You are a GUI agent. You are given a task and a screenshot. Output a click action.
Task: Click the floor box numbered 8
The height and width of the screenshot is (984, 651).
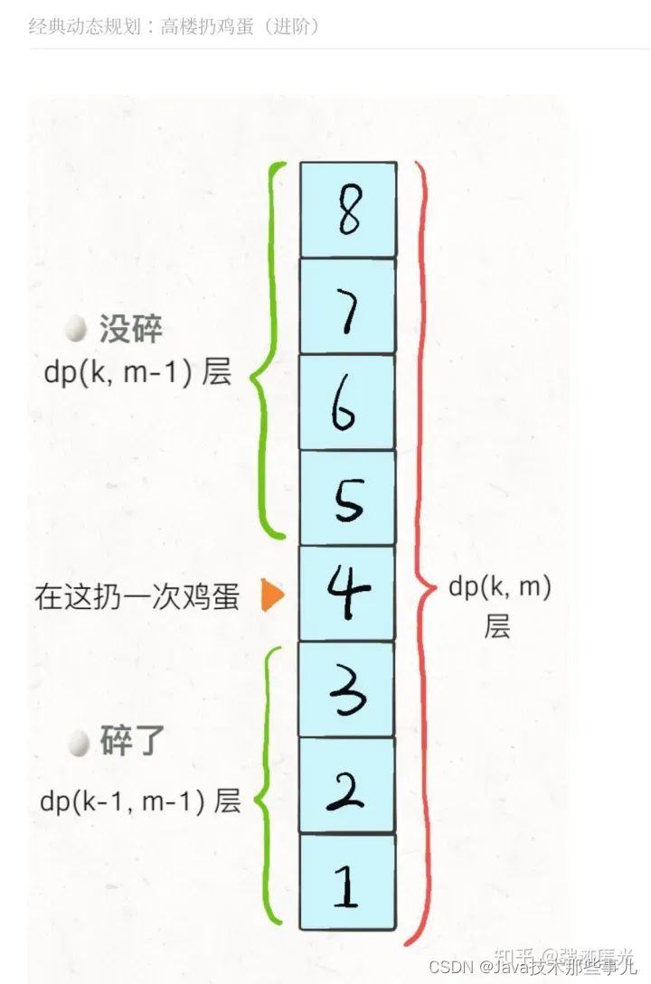(348, 210)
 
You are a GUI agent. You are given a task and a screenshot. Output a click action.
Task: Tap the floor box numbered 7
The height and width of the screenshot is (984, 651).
(348, 306)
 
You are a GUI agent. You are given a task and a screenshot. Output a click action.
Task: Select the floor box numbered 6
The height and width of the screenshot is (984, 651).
(348, 402)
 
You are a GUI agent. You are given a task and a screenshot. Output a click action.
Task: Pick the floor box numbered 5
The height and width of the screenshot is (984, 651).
(348, 498)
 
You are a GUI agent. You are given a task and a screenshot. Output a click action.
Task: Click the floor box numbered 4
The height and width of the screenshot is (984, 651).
(348, 594)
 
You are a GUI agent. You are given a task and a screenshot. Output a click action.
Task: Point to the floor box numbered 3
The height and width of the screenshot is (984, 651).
(348, 689)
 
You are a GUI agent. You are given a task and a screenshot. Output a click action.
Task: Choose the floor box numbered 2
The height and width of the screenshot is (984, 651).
(348, 785)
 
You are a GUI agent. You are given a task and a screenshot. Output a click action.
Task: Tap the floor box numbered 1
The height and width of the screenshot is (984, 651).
(348, 882)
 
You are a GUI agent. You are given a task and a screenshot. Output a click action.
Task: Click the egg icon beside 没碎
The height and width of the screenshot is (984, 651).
(77, 329)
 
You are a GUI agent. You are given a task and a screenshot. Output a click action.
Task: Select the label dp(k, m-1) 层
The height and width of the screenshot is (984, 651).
(137, 372)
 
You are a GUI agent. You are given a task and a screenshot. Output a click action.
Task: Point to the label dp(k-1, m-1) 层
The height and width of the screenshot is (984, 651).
(140, 801)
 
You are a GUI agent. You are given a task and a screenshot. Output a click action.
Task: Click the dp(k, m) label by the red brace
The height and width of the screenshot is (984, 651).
(499, 588)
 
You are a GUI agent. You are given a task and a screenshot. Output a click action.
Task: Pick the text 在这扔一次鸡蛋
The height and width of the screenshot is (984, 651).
(137, 597)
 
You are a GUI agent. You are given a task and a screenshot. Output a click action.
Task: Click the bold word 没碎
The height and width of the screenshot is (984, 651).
(130, 330)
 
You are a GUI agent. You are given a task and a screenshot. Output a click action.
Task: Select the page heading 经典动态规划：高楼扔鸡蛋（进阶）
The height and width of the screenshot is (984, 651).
(175, 26)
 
